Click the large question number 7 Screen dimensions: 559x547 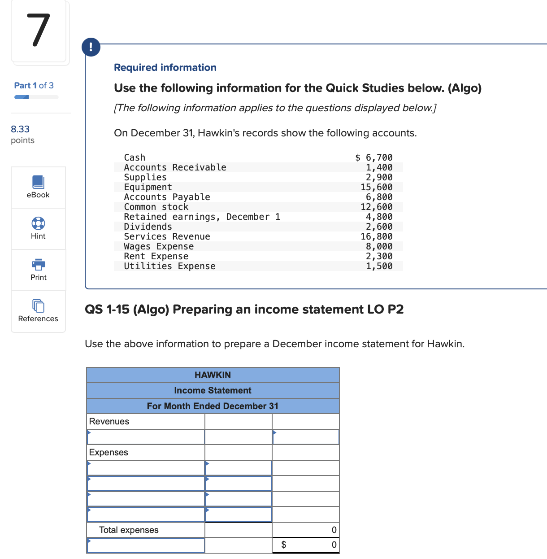(x=38, y=31)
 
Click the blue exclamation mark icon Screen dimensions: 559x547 (x=91, y=47)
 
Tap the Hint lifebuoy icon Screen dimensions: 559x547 (x=38, y=223)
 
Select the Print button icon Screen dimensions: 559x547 (x=39, y=264)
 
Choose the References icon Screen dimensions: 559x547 (x=38, y=306)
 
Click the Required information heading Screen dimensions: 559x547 (x=165, y=67)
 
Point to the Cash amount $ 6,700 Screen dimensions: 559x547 (x=373, y=157)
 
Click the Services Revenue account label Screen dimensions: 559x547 (x=167, y=236)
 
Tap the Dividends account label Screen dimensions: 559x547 (x=148, y=227)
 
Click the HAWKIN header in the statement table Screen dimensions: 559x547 (x=213, y=375)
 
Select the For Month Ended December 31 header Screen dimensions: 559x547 (x=213, y=406)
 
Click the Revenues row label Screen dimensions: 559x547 (x=109, y=421)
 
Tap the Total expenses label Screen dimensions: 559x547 (x=129, y=530)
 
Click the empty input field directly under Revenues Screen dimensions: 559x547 (x=146, y=437)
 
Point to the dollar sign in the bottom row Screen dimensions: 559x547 (x=283, y=545)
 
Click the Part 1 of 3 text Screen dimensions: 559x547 (x=34, y=85)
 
